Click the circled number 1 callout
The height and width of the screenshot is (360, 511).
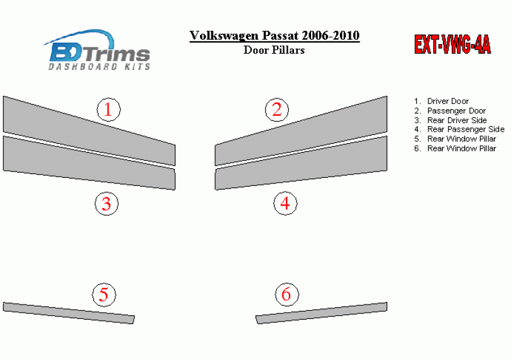(109, 110)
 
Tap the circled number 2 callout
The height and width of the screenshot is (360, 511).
(277, 110)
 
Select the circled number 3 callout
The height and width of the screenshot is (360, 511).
(107, 204)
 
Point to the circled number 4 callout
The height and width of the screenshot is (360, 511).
(285, 203)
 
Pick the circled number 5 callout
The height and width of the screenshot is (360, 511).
(104, 294)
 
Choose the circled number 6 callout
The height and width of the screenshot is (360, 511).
(286, 294)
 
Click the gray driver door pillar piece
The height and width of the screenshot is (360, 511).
(89, 131)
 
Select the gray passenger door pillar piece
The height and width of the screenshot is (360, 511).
(301, 131)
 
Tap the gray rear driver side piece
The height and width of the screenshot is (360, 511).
(89, 163)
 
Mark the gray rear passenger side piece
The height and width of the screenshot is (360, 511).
(301, 163)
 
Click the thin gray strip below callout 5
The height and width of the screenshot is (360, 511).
(69, 313)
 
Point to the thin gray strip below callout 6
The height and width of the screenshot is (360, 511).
(321, 313)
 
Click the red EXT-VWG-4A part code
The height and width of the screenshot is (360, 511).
(452, 44)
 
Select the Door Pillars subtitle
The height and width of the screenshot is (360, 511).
(274, 50)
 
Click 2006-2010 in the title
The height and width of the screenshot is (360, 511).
(331, 35)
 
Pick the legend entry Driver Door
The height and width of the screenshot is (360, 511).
(448, 102)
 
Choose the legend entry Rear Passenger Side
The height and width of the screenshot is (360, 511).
(466, 129)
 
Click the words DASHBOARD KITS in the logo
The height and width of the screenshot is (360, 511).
(99, 67)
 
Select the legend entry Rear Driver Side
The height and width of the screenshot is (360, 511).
(457, 120)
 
